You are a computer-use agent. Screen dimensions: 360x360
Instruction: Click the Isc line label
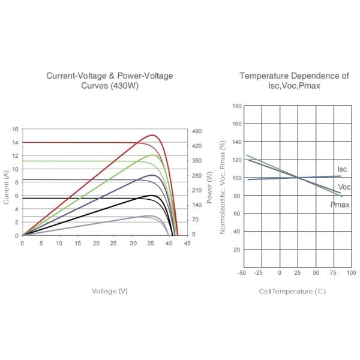(342, 169)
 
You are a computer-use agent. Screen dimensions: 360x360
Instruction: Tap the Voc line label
(344, 187)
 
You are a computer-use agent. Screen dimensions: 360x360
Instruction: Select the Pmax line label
(340, 205)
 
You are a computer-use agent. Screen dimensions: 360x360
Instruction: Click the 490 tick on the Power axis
(197, 131)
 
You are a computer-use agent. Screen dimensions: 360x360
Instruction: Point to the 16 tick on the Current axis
(15, 129)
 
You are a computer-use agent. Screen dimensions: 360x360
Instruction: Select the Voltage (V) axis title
(110, 291)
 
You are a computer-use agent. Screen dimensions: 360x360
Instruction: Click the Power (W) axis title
(209, 187)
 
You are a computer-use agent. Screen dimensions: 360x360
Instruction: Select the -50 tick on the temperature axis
(242, 272)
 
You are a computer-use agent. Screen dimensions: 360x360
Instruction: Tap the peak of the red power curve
(152, 135)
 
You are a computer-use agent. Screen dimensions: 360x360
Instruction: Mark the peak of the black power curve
(152, 196)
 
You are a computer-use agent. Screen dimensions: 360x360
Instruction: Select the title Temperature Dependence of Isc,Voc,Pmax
(294, 80)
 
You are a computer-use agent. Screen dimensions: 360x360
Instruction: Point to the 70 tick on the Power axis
(196, 220)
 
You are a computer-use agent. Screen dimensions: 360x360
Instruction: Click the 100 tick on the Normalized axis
(237, 178)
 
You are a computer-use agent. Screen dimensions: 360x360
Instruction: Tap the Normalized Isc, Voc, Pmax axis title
(223, 187)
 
